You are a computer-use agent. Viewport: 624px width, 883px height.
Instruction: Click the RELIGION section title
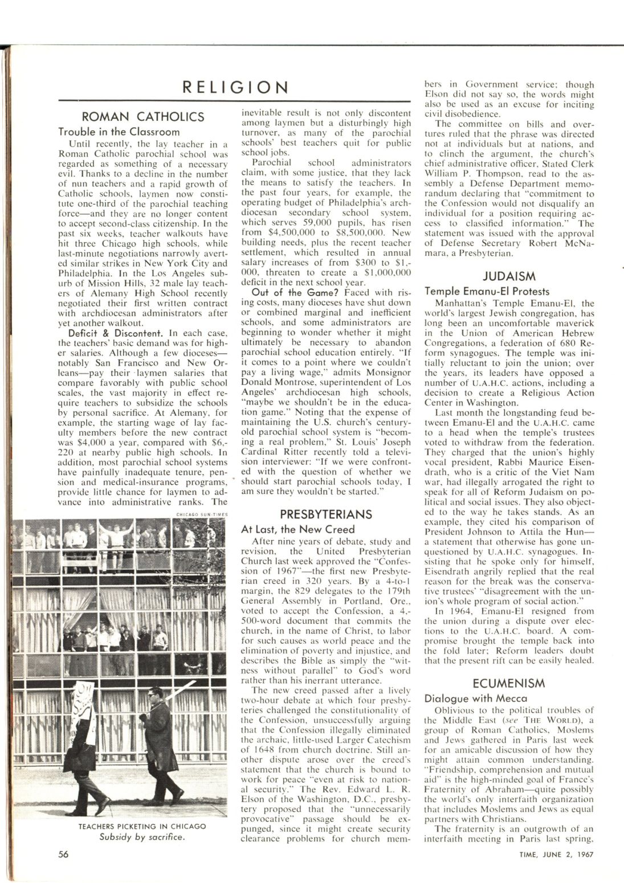[235, 87]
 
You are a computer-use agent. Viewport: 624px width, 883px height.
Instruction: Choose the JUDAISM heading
[509, 277]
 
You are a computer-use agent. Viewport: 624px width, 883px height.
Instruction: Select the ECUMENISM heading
[509, 683]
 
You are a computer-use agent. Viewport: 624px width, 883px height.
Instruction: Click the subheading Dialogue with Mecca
[467, 697]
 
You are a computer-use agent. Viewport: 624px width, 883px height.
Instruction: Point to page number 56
[64, 854]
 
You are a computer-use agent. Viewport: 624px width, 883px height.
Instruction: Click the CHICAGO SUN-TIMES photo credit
[202, 514]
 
